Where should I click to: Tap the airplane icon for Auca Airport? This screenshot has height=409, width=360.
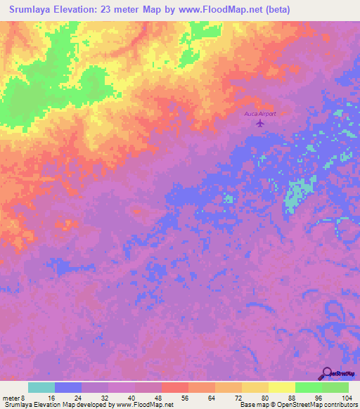click(x=261, y=124)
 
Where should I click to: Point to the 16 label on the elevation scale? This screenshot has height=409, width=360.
click(x=51, y=397)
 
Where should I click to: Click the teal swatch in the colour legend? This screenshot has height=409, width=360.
click(x=41, y=387)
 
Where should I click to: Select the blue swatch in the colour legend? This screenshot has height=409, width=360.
click(x=68, y=387)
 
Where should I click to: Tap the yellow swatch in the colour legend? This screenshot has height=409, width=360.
click(x=282, y=387)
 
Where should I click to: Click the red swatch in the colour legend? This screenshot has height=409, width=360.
click(x=175, y=387)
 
